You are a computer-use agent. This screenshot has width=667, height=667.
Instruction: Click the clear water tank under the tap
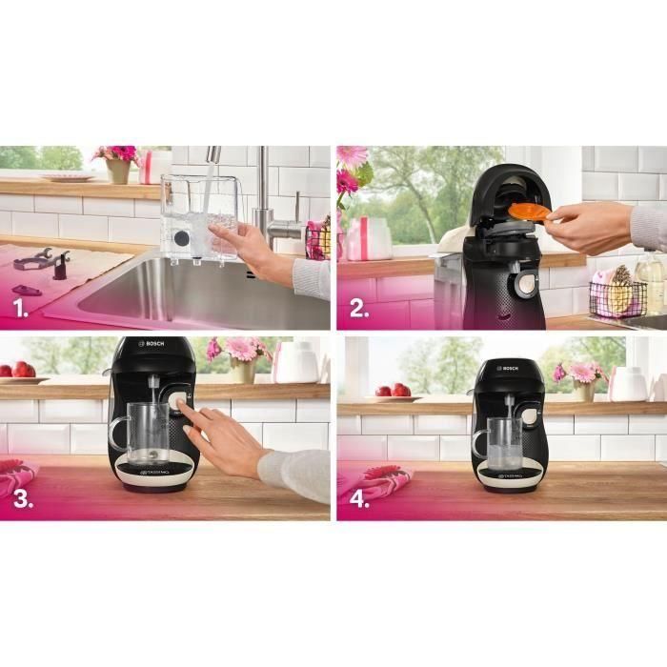tap(199, 217)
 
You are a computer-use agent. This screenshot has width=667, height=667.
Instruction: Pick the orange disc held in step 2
tap(530, 211)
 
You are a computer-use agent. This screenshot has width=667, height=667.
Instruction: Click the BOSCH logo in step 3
tap(152, 346)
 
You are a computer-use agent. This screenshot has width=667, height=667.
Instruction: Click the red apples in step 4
tap(393, 390)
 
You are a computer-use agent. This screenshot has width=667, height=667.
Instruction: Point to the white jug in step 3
tap(294, 362)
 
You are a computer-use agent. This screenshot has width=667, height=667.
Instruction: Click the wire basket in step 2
tap(616, 297)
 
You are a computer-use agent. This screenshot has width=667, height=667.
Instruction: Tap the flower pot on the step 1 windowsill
tap(118, 170)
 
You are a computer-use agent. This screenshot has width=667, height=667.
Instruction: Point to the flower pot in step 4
tap(583, 389)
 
